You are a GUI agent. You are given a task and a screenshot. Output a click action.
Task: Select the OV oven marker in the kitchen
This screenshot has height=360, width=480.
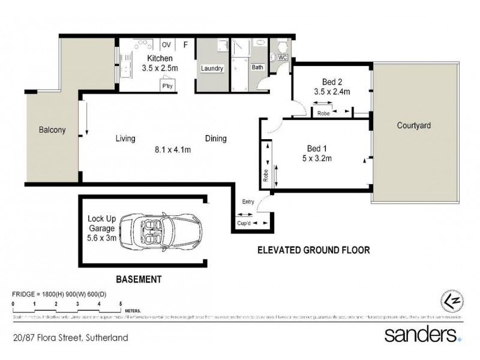pos(166,44)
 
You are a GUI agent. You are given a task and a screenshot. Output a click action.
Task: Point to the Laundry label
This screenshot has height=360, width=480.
pos(212,69)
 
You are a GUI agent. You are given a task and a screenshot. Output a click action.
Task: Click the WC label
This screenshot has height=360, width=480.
pos(280,58)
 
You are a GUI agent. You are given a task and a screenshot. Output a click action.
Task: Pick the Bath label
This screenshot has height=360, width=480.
pos(257,68)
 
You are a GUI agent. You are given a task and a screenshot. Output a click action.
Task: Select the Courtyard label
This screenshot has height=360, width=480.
pos(414,126)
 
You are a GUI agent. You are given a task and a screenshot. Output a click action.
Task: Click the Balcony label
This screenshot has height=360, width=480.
pos(52,130)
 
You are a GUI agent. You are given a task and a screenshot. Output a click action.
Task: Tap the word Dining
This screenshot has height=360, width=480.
pos(215,139)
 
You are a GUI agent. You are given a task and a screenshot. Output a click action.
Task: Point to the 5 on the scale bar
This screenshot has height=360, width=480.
pos(121,305)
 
